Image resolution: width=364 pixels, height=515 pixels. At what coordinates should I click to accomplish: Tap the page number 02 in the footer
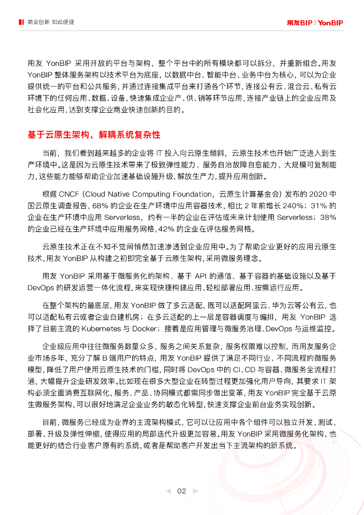click(181, 491)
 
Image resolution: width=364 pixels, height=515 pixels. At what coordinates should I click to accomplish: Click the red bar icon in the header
click(21, 23)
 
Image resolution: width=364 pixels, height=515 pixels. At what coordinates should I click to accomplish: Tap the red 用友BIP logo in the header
click(300, 23)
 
